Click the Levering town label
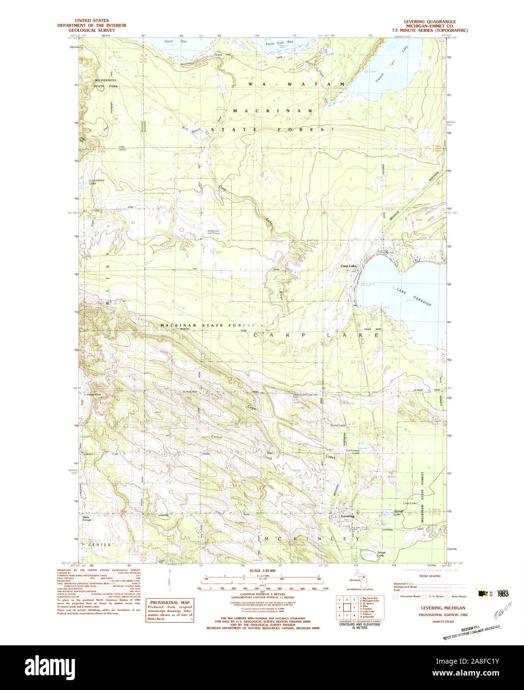348,516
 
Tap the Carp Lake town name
348,267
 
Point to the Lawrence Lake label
90,182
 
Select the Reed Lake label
338,426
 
